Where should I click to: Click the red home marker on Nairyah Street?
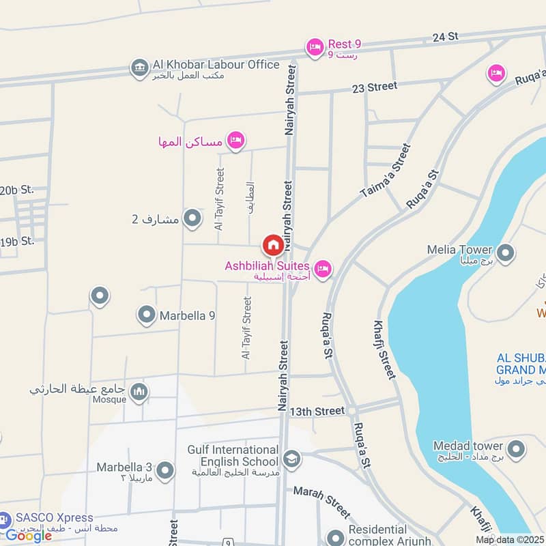[272, 244]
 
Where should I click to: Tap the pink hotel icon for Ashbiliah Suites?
[324, 269]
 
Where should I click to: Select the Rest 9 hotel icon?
[314, 46]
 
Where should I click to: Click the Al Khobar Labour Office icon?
[139, 68]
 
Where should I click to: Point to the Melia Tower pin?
[506, 253]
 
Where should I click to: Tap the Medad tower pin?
[517, 449]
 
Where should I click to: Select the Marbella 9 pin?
[147, 315]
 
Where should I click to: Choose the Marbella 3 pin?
[164, 470]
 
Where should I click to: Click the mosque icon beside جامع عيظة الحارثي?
[139, 391]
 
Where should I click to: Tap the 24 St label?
[445, 38]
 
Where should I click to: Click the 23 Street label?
[374, 87]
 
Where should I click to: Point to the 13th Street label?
[317, 412]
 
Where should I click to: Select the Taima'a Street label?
[386, 171]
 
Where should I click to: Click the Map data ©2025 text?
[510, 540]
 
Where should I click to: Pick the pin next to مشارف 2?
[193, 218]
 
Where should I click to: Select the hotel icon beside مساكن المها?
[235, 140]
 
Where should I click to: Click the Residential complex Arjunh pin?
[335, 537]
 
